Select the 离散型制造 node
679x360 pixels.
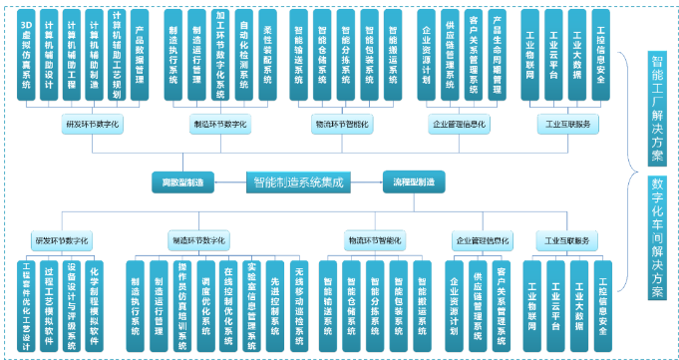pos(182,181)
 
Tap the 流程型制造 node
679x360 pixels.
pos(412,181)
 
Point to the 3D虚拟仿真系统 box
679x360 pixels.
pos(26,53)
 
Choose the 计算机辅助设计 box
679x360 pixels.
pos(49,53)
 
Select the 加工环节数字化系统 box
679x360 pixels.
pos(220,53)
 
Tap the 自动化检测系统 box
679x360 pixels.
pos(244,53)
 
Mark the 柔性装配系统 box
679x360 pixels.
pos(267,53)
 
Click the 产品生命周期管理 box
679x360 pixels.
pos(498,53)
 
